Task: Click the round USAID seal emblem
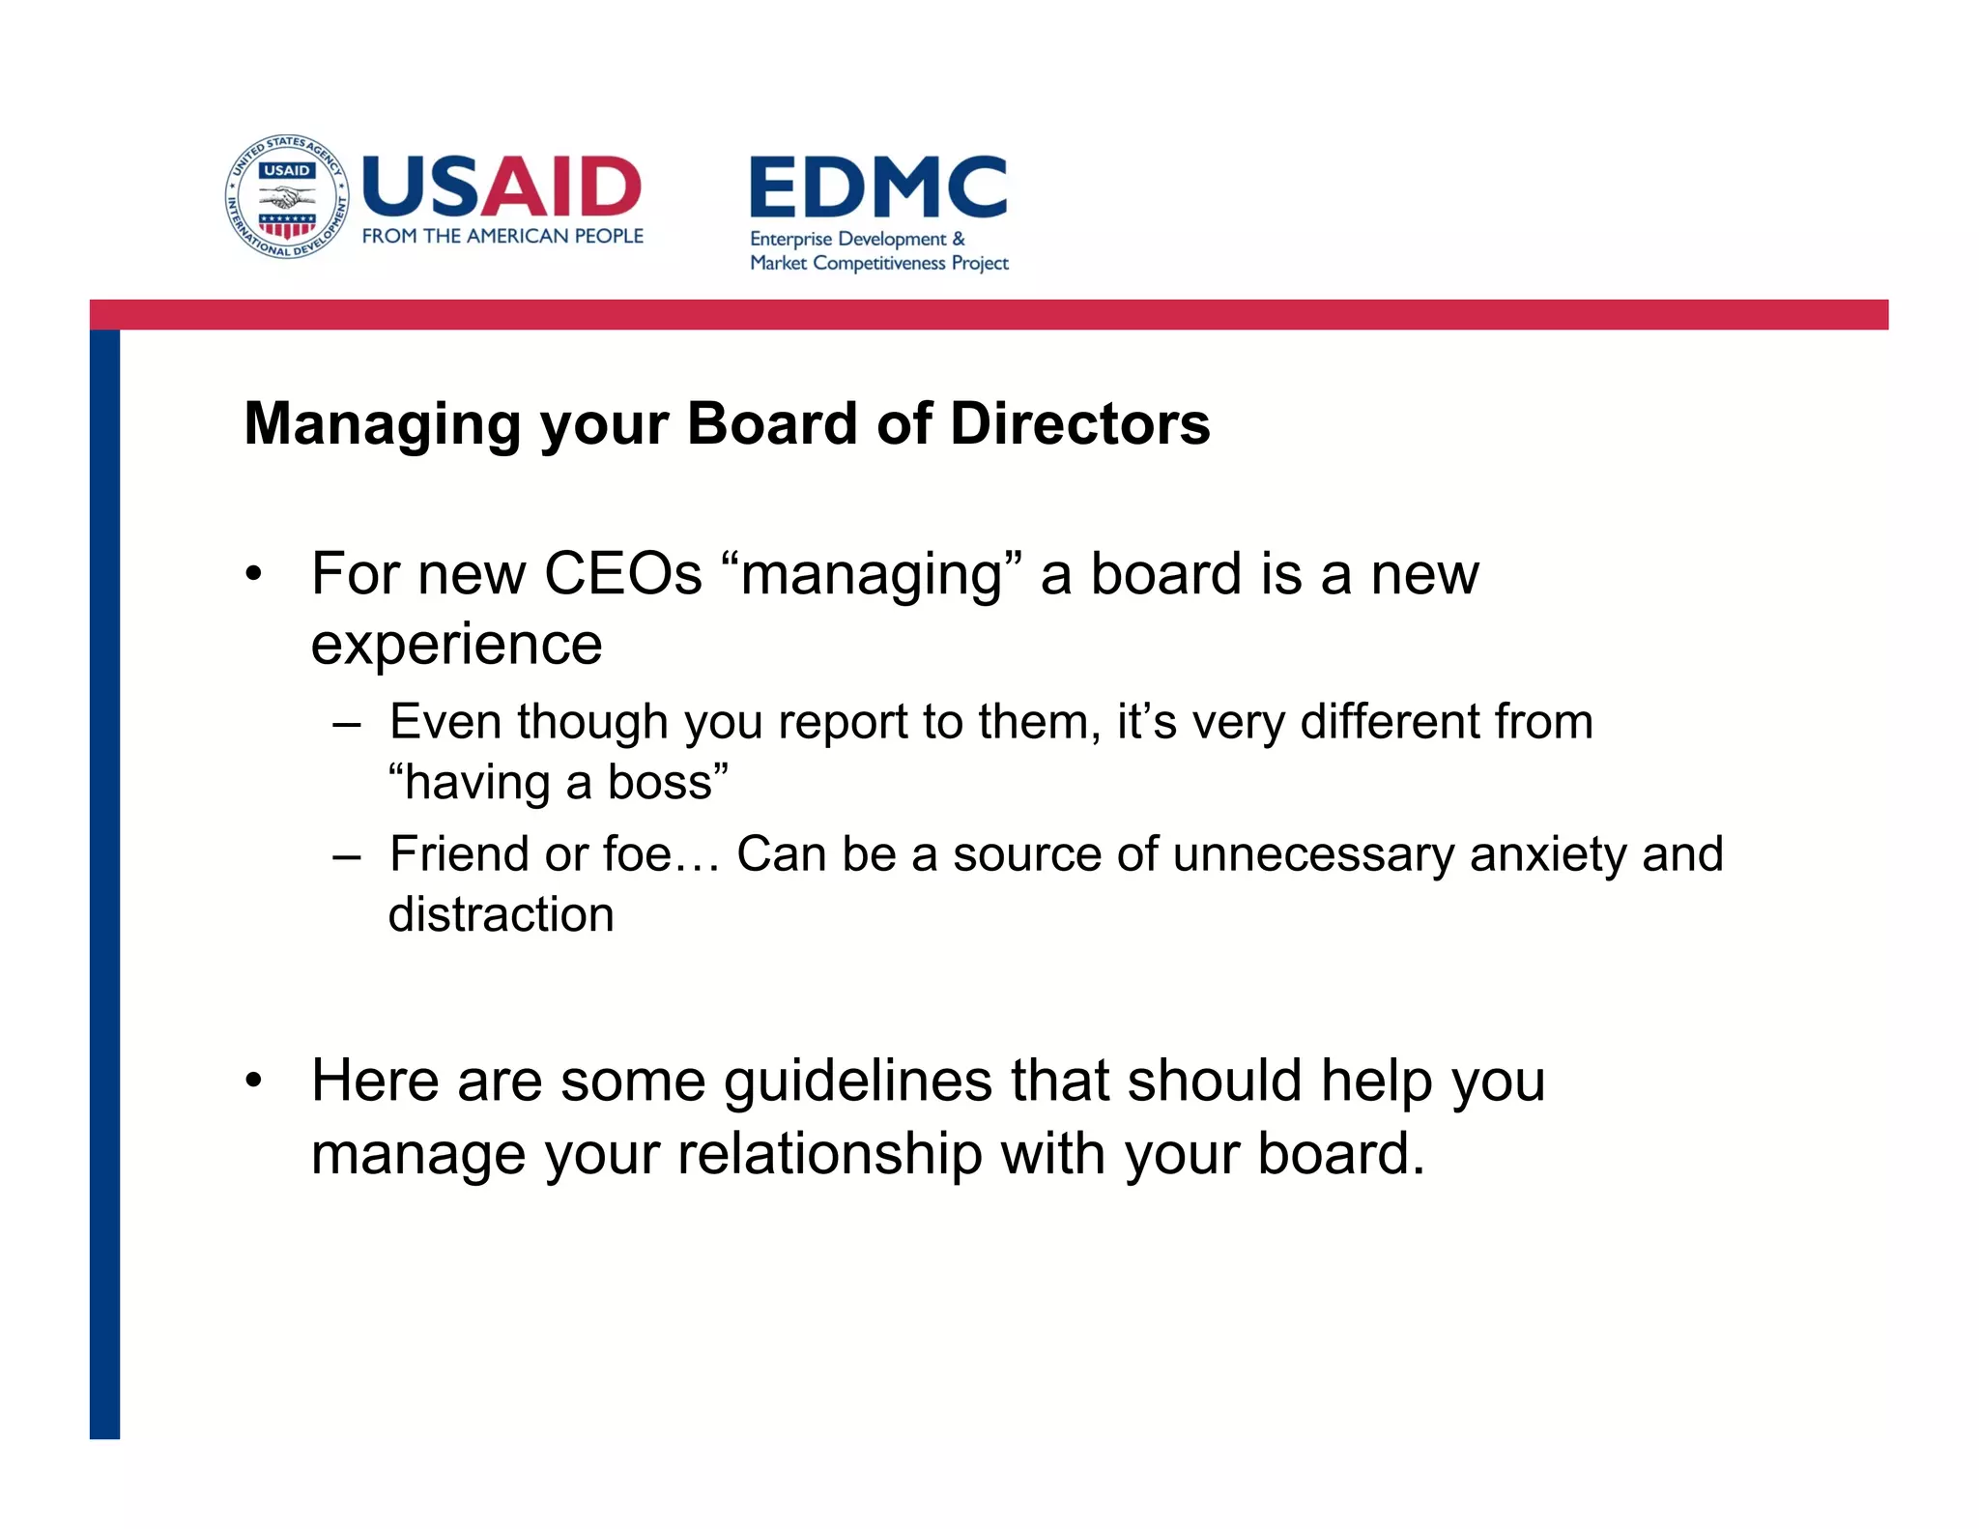(x=287, y=197)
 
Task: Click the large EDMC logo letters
(x=877, y=188)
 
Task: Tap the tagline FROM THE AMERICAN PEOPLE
(x=502, y=236)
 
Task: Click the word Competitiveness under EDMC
(x=879, y=263)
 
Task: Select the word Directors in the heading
(x=1079, y=423)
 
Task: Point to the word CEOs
(x=622, y=574)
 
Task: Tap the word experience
(x=456, y=646)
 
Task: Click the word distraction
(x=501, y=914)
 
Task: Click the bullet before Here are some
(x=253, y=1081)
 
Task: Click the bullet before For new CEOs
(x=253, y=574)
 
